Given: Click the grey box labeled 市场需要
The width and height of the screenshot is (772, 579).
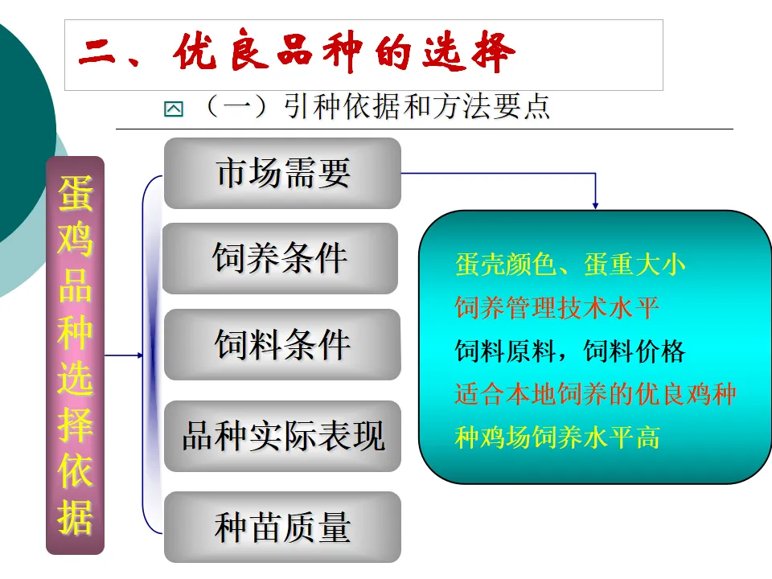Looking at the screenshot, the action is (282, 173).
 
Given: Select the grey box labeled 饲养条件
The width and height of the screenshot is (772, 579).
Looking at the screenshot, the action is (280, 258).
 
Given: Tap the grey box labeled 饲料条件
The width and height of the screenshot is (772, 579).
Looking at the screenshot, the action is (282, 344).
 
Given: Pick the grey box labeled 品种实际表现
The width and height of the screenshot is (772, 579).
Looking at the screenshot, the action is (282, 436).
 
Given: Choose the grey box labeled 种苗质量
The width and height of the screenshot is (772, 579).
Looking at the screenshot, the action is (282, 527).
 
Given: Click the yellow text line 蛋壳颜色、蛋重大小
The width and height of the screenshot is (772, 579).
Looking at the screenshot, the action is (570, 265).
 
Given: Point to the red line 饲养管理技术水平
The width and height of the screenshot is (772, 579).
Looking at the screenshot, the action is (556, 308).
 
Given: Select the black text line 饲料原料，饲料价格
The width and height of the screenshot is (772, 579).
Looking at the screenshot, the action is (570, 351).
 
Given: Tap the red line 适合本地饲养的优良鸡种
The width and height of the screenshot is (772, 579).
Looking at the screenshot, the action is (595, 394).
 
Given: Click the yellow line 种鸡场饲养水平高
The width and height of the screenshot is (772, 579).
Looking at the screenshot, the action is (556, 437).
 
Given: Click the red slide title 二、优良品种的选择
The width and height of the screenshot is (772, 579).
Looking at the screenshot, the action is (297, 55).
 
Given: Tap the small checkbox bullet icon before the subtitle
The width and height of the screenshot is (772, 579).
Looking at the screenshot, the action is (173, 109).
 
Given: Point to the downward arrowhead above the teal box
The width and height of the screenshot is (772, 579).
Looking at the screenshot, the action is (595, 203).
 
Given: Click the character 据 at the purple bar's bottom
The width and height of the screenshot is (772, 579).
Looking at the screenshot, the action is (75, 519).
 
